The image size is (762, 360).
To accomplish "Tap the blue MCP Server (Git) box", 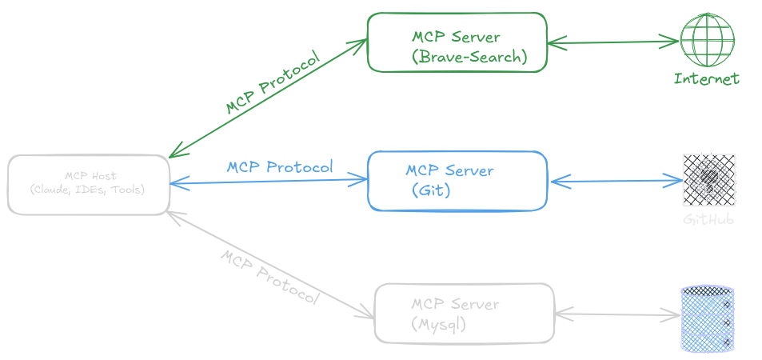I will click(x=457, y=181).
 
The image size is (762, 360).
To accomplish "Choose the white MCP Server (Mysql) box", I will click(x=464, y=313).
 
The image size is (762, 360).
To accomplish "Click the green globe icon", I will click(x=707, y=39).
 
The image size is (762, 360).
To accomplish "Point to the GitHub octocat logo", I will click(x=708, y=181).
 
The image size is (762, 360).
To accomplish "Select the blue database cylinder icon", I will click(x=707, y=318).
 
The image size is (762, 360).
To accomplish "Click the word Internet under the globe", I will click(x=707, y=78).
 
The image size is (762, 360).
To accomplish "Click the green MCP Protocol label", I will click(x=273, y=83).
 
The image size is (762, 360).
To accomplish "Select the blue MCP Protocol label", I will click(x=279, y=167).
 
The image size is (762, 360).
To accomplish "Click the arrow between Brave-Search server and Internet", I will click(x=612, y=41).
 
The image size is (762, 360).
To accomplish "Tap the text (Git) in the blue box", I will click(x=432, y=191).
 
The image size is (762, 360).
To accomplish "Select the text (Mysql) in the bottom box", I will click(x=439, y=325).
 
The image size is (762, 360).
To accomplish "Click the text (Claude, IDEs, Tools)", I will click(x=87, y=190).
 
